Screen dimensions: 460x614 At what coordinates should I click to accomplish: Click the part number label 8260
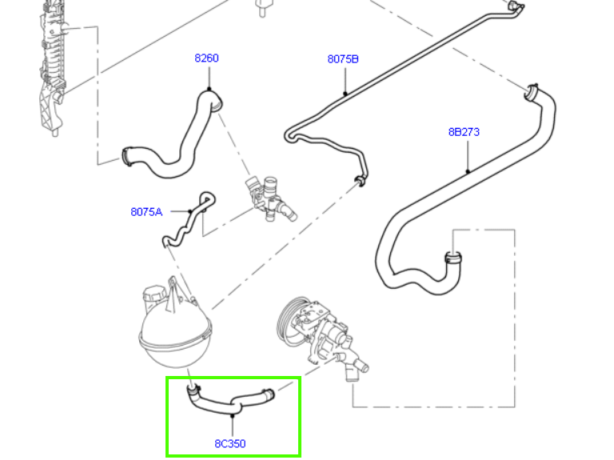click(206, 58)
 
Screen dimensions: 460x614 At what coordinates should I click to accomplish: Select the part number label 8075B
click(343, 59)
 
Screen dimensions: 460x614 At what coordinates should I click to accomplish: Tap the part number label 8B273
click(464, 132)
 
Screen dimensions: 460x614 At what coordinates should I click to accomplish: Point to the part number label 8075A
click(146, 212)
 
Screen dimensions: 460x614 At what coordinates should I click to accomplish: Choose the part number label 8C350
click(230, 443)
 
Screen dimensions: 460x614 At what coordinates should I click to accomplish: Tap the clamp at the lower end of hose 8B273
click(453, 258)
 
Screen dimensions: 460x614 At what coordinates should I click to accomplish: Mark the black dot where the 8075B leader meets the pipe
click(345, 94)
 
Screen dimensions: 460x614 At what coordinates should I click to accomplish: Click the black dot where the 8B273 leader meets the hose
click(468, 170)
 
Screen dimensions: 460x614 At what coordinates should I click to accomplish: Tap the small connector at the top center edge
click(262, 7)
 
